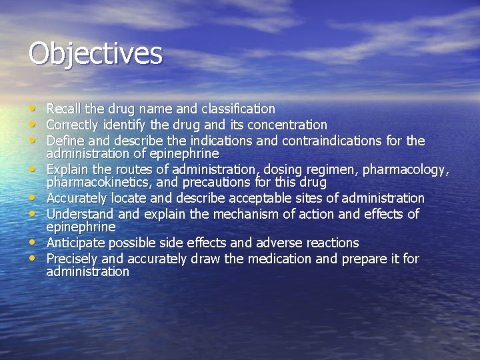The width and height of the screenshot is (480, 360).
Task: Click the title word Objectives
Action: click(x=95, y=54)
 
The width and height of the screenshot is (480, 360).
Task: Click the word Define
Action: click(x=64, y=141)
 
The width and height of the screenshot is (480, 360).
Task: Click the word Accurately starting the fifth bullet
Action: click(x=75, y=199)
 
